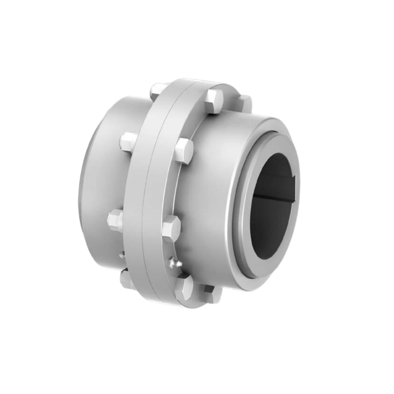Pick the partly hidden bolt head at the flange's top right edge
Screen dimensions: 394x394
(x=244, y=103)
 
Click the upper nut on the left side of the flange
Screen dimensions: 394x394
(x=128, y=142)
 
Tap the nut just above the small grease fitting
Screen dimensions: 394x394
(x=116, y=220)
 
